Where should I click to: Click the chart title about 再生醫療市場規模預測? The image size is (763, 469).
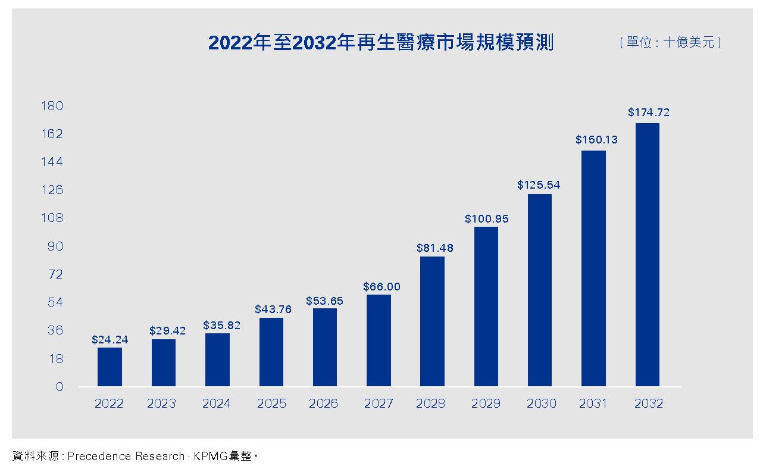pyautogui.click(x=380, y=43)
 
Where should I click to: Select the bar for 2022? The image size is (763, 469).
pyautogui.click(x=110, y=367)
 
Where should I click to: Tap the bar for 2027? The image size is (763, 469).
pyautogui.click(x=379, y=340)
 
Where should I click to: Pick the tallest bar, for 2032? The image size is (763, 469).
pyautogui.click(x=648, y=255)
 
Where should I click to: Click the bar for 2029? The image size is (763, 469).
pyautogui.click(x=486, y=307)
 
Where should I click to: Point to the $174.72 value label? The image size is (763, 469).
pyautogui.click(x=649, y=112)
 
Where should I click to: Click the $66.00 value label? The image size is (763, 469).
pyautogui.click(x=381, y=287)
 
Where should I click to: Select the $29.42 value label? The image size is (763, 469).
pyautogui.click(x=167, y=331)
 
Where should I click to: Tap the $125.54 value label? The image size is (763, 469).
pyautogui.click(x=539, y=185)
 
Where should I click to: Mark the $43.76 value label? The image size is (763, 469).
pyautogui.click(x=273, y=309)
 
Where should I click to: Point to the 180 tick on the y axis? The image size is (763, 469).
pyautogui.click(x=52, y=106)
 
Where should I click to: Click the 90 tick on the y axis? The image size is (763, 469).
pyautogui.click(x=55, y=246)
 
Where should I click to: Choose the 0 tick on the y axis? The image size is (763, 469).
pyautogui.click(x=59, y=387)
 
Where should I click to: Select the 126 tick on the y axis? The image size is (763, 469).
pyautogui.click(x=52, y=190)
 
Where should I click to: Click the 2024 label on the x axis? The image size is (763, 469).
pyautogui.click(x=217, y=404)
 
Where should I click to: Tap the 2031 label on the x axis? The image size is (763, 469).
pyautogui.click(x=593, y=404)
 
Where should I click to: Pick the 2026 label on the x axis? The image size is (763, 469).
pyautogui.click(x=323, y=404)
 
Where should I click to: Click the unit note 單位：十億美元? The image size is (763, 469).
pyautogui.click(x=670, y=43)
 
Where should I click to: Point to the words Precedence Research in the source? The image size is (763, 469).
pyautogui.click(x=126, y=457)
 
